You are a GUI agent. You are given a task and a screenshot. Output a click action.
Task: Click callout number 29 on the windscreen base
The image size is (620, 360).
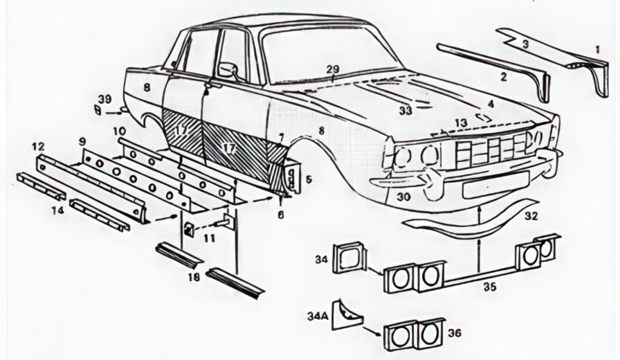333,69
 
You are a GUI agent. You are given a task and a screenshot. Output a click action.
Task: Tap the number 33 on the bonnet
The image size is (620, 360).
405,110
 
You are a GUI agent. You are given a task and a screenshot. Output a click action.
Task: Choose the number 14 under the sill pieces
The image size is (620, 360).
58,209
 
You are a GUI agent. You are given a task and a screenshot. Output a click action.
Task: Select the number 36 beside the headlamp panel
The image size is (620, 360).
454,333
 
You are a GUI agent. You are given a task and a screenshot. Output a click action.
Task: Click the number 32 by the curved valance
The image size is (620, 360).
531,215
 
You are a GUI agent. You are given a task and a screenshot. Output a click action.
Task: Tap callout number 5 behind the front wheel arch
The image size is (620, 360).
308,179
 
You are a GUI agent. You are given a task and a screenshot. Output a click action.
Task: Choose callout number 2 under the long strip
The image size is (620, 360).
503,77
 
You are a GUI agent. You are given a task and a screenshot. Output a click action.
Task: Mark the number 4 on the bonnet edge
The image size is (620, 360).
490,104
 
